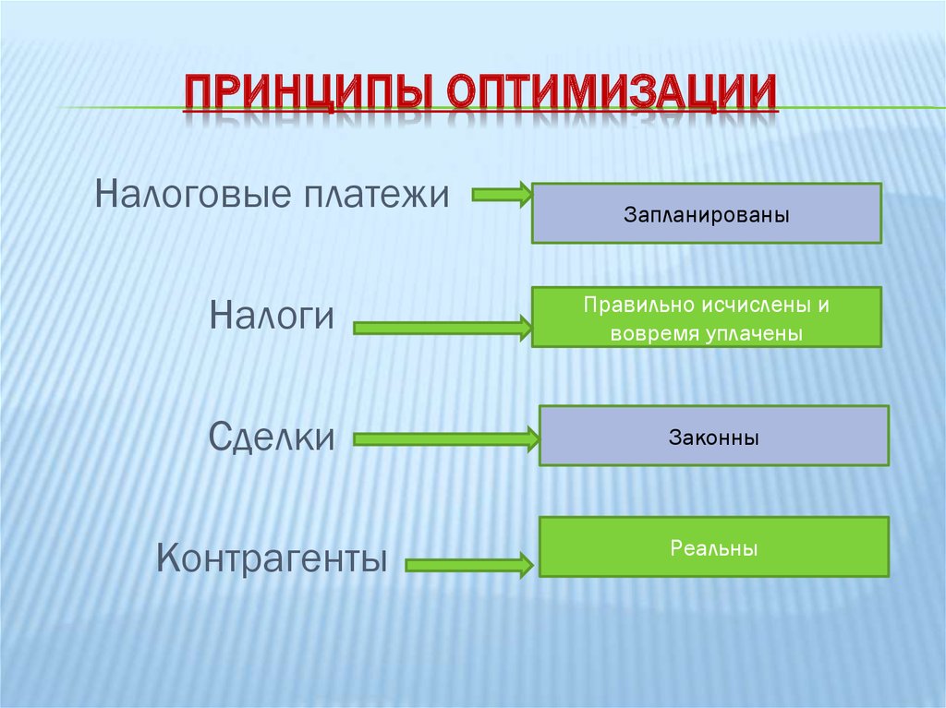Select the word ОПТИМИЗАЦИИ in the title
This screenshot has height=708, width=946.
click(x=612, y=95)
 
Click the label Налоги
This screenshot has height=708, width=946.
click(x=271, y=317)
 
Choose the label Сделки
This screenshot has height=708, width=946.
click(x=271, y=436)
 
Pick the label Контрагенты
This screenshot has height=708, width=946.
click(x=271, y=557)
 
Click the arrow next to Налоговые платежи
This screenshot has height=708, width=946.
click(x=502, y=195)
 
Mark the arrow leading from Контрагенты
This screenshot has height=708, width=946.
click(x=469, y=564)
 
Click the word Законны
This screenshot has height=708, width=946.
click(x=713, y=437)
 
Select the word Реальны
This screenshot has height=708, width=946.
click(x=713, y=548)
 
